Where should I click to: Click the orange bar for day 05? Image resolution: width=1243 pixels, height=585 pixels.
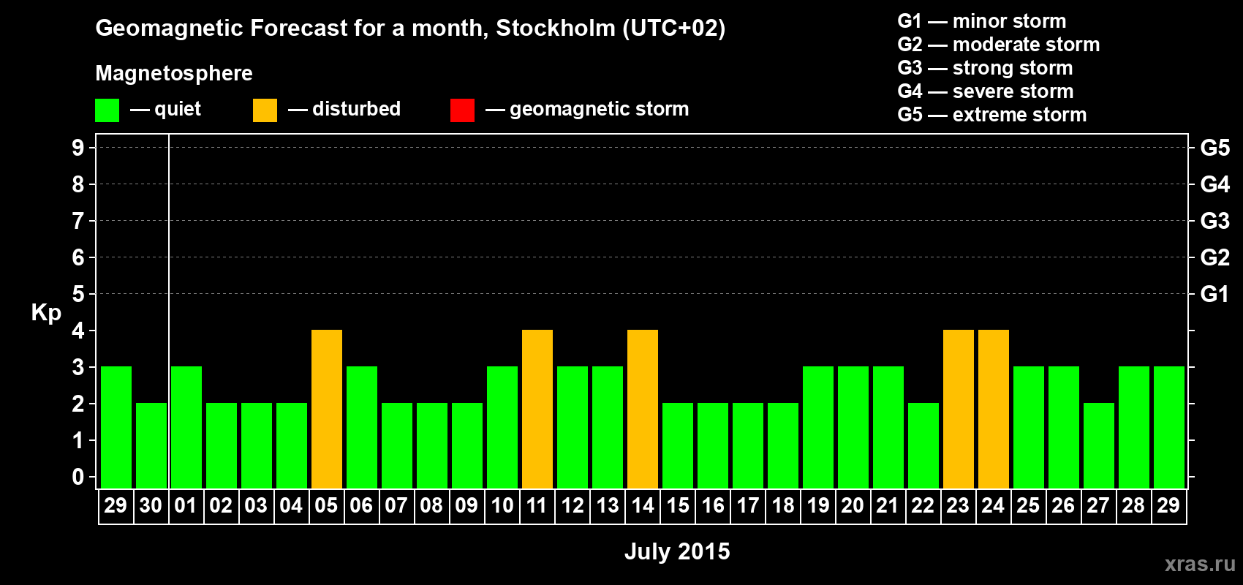tap(327, 409)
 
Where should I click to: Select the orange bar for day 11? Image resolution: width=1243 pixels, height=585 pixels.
tap(537, 409)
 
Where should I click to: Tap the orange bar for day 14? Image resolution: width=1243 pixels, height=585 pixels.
tap(643, 409)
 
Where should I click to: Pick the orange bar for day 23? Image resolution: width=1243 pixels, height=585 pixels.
tap(959, 409)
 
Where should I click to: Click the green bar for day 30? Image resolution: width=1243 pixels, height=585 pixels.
tap(151, 445)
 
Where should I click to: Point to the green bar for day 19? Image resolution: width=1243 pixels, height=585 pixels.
tap(818, 427)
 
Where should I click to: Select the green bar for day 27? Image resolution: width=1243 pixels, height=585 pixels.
tap(1099, 445)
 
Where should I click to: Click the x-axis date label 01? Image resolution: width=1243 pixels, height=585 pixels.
tap(186, 505)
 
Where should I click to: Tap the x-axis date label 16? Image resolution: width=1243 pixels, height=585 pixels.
tap(713, 505)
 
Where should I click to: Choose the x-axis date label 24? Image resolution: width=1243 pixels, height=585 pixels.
tap(993, 505)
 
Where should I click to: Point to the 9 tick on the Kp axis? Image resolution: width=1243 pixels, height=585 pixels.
tap(78, 148)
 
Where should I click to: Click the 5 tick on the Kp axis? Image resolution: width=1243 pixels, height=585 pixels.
tap(78, 294)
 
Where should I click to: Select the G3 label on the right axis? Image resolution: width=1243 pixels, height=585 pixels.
tap(1214, 221)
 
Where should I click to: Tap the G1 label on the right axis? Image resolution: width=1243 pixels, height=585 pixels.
tap(1214, 294)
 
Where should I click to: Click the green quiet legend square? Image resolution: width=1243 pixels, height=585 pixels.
tap(107, 110)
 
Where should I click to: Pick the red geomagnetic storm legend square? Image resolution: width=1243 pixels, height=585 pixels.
tap(462, 110)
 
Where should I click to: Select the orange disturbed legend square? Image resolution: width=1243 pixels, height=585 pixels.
tap(265, 110)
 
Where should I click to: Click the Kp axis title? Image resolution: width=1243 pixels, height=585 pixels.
tap(46, 313)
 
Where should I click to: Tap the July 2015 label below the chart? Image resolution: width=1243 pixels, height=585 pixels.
tap(677, 551)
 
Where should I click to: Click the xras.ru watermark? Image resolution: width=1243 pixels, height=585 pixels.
tap(1200, 564)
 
